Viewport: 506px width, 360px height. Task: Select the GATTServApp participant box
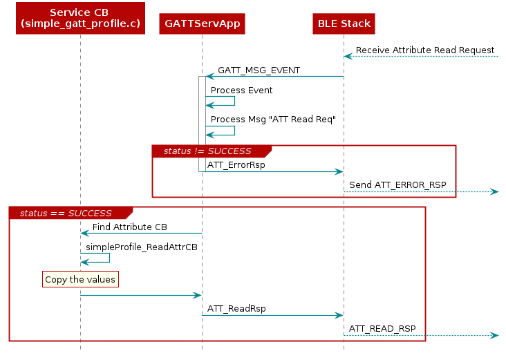[202, 23]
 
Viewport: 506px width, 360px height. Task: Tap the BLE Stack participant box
[344, 23]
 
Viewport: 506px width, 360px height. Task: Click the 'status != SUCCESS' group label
[207, 151]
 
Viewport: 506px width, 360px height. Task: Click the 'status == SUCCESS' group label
[66, 213]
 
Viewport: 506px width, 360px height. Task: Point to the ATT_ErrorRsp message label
[236, 165]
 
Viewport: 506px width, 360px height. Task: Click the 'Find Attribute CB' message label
[129, 227]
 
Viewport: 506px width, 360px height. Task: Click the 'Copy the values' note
[79, 279]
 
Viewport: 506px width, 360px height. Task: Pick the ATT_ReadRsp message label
[236, 309]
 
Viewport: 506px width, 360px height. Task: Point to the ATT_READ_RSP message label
[382, 328]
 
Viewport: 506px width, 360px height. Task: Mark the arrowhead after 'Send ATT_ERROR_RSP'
[494, 191]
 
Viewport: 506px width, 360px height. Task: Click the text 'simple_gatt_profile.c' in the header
[79, 24]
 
